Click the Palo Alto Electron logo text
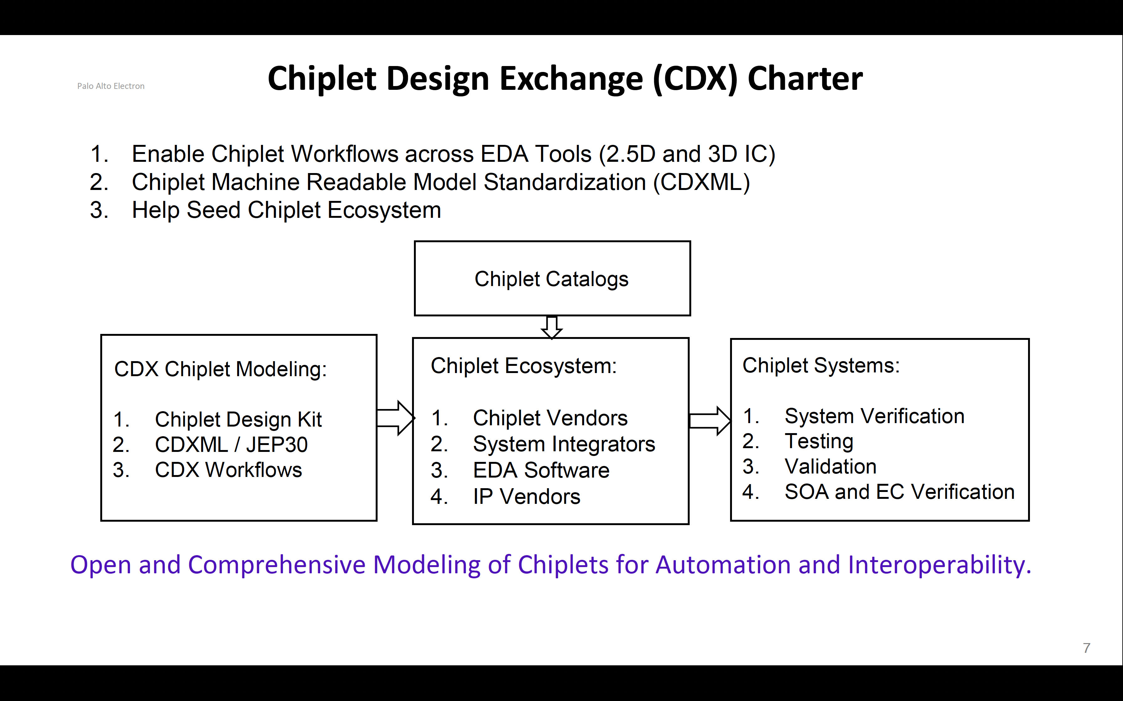pyautogui.click(x=111, y=86)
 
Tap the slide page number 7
pyautogui.click(x=1087, y=648)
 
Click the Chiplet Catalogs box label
pyautogui.click(x=551, y=279)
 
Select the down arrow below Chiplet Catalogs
pyautogui.click(x=552, y=327)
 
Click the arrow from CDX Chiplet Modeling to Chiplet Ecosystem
pyautogui.click(x=395, y=418)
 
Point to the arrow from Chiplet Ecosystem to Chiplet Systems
pyautogui.click(x=710, y=421)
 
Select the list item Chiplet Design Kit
pyautogui.click(x=238, y=420)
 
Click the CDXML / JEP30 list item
pyautogui.click(x=231, y=445)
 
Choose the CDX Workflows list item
pyautogui.click(x=228, y=470)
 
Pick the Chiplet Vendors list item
pyautogui.click(x=550, y=418)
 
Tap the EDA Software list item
pyautogui.click(x=541, y=471)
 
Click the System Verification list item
pyautogui.click(x=874, y=416)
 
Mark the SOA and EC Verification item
pyautogui.click(x=899, y=492)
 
